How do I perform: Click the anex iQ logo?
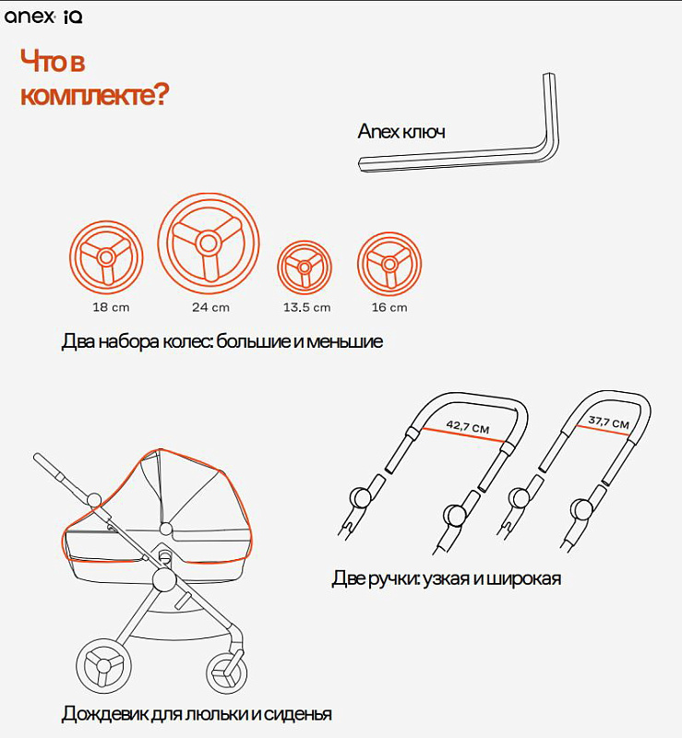(x=43, y=17)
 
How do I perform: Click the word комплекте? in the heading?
(x=94, y=94)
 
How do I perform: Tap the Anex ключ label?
(x=401, y=131)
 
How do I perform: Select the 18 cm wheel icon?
(x=106, y=257)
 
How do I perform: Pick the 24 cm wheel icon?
(x=209, y=244)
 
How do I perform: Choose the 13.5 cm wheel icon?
(x=305, y=268)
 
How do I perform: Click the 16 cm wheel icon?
(x=389, y=264)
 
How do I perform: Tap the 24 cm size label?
(x=210, y=307)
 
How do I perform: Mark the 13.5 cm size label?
(x=306, y=307)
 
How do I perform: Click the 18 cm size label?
(x=111, y=307)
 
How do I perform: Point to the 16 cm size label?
(x=389, y=307)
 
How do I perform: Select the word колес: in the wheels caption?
(x=187, y=341)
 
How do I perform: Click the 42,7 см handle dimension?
(x=468, y=426)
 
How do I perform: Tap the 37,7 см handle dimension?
(x=608, y=422)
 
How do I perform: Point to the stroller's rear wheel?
(x=103, y=665)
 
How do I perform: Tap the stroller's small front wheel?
(x=226, y=673)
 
